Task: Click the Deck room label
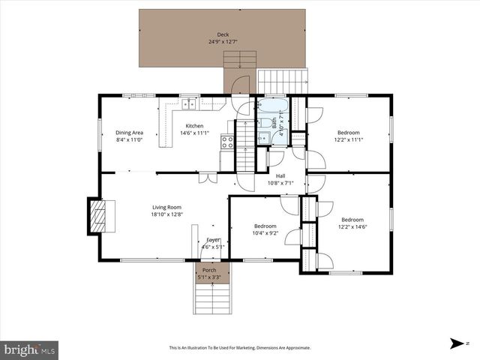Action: pos(223,34)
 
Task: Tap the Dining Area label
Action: pos(129,132)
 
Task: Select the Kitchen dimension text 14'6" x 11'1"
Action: pos(194,133)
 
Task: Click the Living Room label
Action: pos(166,208)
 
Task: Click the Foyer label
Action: pos(214,239)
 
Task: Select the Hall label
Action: pos(280,176)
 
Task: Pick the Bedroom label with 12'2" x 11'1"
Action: pos(348,132)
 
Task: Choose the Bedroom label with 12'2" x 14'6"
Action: pos(352,220)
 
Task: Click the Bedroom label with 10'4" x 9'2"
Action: pos(265,226)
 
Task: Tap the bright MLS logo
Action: pos(30,349)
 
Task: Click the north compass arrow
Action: pos(456,344)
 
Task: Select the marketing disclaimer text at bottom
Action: pos(239,348)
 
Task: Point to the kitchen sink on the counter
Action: pos(188,104)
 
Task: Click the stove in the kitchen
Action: pos(226,141)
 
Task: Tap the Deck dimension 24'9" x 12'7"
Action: pos(223,42)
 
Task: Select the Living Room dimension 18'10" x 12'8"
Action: pos(166,214)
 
